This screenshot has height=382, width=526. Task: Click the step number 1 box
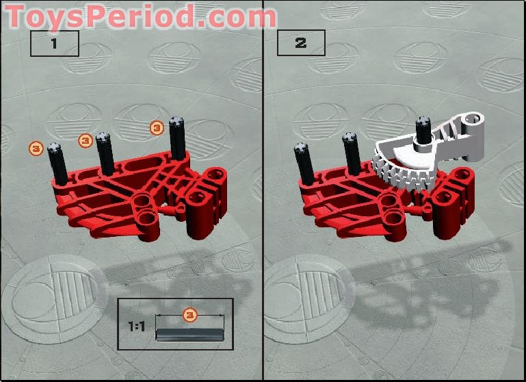click(55, 44)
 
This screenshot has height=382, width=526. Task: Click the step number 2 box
click(301, 43)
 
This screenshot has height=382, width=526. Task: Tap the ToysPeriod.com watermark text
click(141, 16)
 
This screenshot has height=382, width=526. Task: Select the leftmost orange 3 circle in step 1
click(36, 147)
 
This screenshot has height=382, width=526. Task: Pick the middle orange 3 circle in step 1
click(85, 140)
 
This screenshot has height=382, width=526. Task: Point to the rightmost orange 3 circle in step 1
click(157, 127)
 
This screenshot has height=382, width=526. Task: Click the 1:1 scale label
click(137, 327)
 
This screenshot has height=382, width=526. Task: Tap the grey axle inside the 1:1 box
click(189, 334)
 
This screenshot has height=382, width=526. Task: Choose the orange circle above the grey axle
click(190, 315)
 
